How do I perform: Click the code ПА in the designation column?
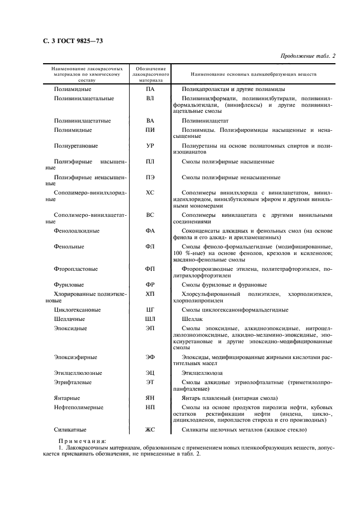150,89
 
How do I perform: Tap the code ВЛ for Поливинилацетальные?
150,99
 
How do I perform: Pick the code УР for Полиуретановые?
150,146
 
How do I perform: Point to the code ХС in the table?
150,193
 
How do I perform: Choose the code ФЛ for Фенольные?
150,247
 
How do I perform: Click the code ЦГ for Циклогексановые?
150,310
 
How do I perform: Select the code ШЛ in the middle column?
150,319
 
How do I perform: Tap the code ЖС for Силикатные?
150,430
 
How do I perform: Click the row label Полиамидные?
72,89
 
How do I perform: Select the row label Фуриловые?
69,285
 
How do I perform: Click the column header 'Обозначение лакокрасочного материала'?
150,74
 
